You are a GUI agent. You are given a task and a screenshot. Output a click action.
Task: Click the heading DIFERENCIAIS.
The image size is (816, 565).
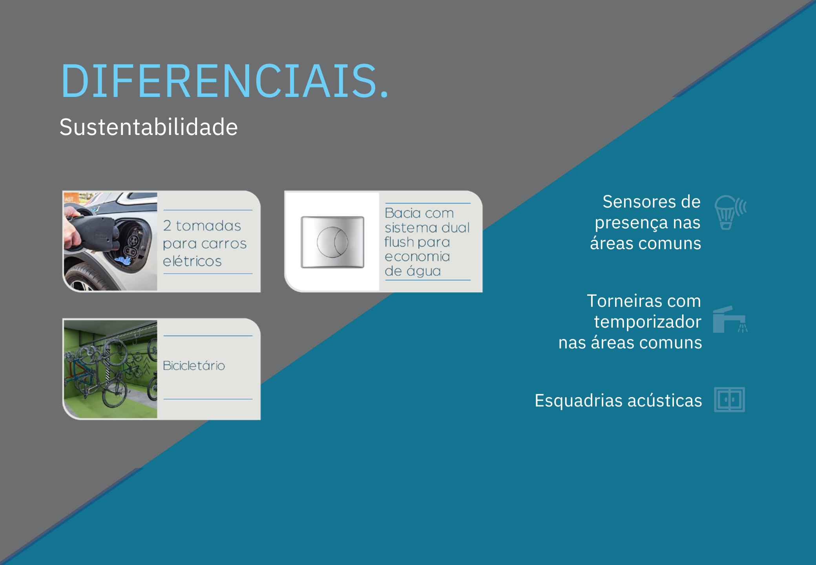coord(225,81)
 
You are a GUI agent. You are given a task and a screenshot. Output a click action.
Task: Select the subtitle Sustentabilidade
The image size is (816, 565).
coord(149,127)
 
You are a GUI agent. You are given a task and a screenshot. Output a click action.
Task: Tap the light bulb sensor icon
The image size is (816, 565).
coord(730,212)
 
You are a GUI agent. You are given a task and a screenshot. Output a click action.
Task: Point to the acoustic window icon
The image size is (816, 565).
coord(729,400)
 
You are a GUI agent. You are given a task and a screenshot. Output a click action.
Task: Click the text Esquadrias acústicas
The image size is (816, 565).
coord(618,401)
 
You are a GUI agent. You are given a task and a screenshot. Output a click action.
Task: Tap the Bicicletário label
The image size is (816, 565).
coord(194,366)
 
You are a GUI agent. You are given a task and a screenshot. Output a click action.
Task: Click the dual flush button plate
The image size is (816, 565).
coord(332,242)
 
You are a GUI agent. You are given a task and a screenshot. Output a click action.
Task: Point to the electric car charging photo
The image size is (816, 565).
coord(110,241)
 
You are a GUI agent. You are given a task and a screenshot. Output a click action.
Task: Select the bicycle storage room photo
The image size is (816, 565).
coord(110,369)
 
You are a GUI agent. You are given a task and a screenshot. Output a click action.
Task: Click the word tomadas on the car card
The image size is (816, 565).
coord(208,226)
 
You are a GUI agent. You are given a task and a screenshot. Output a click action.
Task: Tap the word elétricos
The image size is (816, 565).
coord(192,261)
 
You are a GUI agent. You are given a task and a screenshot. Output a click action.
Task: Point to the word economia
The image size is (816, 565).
coord(417,257)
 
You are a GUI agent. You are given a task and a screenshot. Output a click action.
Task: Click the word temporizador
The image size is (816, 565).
coord(648,322)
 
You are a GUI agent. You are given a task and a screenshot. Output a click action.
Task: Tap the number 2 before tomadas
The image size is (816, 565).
coord(167,226)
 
